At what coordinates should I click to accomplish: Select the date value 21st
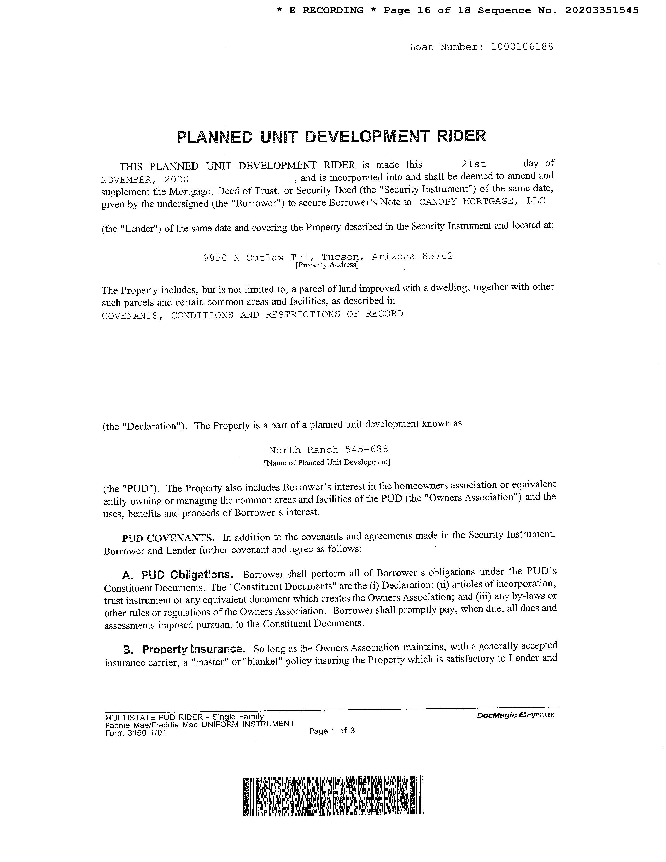[x=474, y=164]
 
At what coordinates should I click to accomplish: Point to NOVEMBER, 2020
[x=145, y=180]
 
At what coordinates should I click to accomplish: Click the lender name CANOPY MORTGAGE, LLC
[x=482, y=201]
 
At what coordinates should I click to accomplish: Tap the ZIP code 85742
[x=437, y=256]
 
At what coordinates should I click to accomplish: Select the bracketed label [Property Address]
[x=327, y=265]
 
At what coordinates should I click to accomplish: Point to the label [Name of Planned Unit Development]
[x=327, y=462]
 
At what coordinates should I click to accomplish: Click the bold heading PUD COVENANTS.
[x=168, y=538]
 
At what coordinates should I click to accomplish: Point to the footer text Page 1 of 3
[x=332, y=731]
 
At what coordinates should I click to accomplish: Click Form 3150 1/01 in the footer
[x=136, y=733]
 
